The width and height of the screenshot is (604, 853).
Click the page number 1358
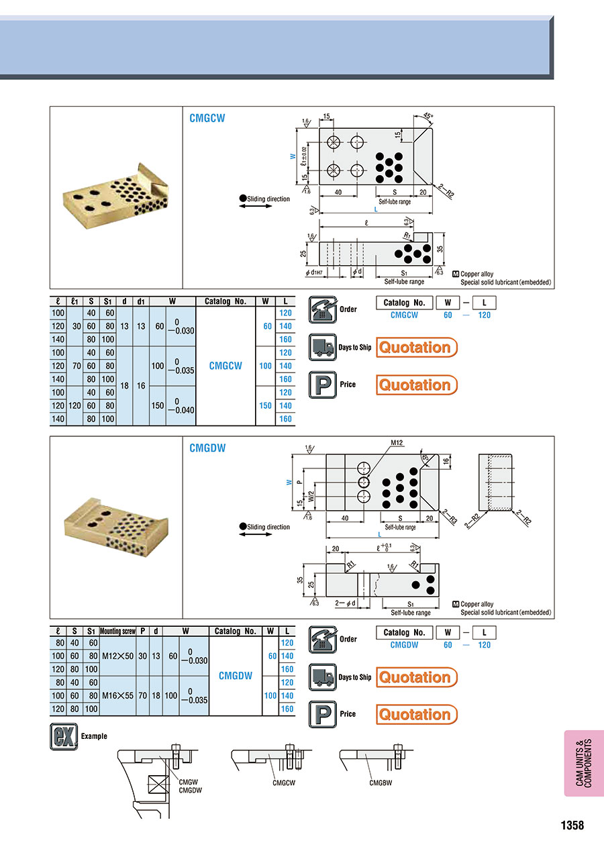tap(572, 825)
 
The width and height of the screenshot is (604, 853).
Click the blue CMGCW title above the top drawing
tap(207, 118)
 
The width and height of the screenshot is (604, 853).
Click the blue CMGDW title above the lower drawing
tap(207, 448)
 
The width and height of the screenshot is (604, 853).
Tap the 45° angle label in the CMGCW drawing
tap(429, 115)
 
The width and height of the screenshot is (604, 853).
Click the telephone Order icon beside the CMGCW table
tap(322, 309)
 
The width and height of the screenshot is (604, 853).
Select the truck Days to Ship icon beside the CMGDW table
tap(322, 677)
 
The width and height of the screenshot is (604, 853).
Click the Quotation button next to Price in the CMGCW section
tap(416, 385)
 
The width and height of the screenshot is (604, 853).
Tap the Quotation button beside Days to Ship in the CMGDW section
tap(416, 677)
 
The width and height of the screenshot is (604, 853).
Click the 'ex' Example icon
tap(64, 736)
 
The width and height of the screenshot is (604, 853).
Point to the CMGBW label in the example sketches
tap(380, 783)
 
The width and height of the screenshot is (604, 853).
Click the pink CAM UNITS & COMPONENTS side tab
tap(584, 763)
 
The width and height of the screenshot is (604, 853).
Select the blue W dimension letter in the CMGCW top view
tap(292, 156)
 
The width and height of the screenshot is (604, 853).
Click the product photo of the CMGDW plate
tap(116, 528)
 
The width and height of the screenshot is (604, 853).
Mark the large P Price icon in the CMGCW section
tap(322, 385)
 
